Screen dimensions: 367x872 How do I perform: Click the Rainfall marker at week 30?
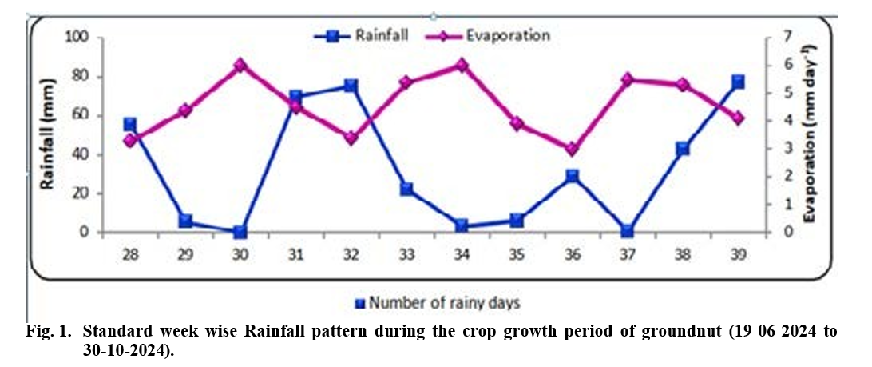coord(240,232)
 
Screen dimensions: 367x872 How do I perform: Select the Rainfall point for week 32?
coord(350,86)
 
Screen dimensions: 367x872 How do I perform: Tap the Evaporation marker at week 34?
coord(461,65)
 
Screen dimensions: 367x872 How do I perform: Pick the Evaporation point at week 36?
coord(572,149)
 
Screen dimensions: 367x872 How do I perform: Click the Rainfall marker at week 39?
coord(738,82)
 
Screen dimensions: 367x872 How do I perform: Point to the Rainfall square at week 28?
coord(130,124)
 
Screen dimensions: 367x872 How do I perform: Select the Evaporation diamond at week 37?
coord(627,79)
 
